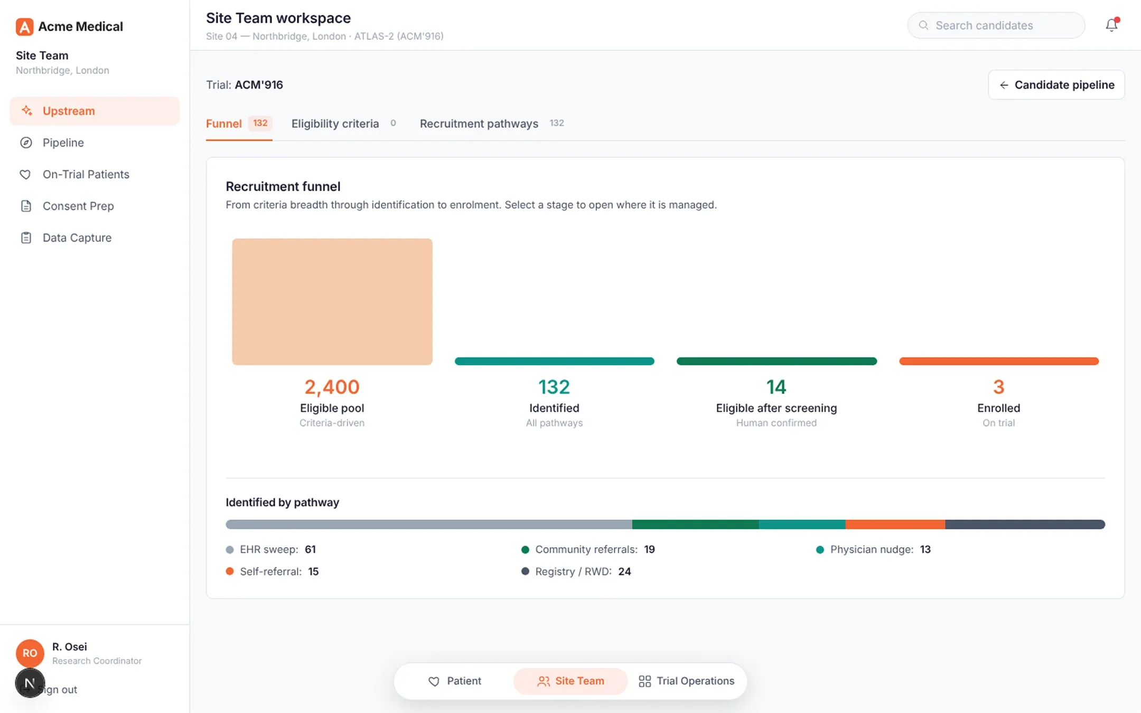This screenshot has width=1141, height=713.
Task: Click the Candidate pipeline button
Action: tap(1056, 85)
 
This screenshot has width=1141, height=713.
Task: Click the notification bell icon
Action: tap(1111, 25)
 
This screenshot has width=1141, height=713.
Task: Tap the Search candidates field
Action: tap(996, 25)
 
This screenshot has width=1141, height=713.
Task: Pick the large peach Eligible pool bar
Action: tap(332, 302)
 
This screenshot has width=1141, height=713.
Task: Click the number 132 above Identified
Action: tap(554, 387)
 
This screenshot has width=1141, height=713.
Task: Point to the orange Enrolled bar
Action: tap(999, 361)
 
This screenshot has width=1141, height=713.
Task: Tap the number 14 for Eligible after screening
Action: tap(777, 387)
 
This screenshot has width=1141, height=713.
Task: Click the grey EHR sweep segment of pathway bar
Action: tap(429, 524)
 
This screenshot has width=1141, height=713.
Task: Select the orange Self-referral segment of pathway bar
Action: tap(895, 524)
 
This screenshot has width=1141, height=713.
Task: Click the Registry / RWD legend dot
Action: tap(525, 571)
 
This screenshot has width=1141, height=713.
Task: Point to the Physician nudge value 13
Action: tap(925, 549)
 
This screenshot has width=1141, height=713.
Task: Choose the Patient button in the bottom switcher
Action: tap(454, 681)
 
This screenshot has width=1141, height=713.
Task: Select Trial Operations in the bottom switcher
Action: tap(686, 681)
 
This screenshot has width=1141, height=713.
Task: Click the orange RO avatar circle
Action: tap(30, 653)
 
